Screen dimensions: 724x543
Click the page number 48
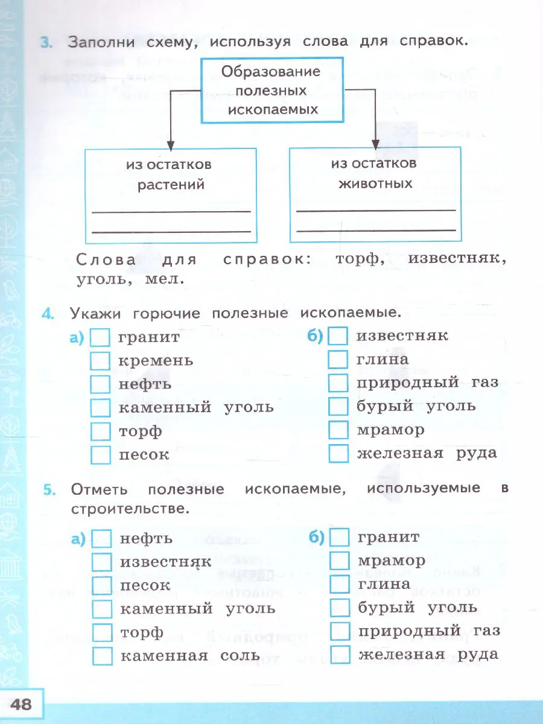[x=22, y=704]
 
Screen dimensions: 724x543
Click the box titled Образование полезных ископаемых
[x=271, y=90]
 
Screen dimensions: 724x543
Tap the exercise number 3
[x=46, y=42]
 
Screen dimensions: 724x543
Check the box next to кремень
[x=100, y=361]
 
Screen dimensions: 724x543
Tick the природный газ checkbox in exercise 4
[x=338, y=383]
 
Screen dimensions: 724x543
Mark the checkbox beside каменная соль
[x=103, y=656]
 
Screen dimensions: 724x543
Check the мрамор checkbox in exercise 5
[x=340, y=561]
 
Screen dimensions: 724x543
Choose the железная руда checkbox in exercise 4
[x=338, y=454]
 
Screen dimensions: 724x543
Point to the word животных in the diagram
[x=372, y=183]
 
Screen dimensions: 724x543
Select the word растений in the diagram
[x=171, y=184]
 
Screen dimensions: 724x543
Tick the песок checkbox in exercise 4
[x=100, y=455]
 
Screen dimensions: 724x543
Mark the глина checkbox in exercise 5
[x=340, y=585]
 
